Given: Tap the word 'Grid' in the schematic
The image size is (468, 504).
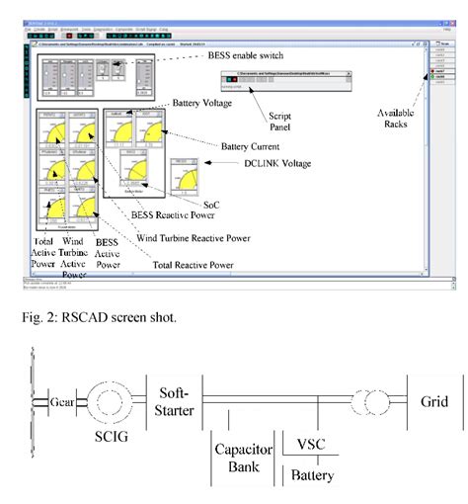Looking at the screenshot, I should coord(434,403).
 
